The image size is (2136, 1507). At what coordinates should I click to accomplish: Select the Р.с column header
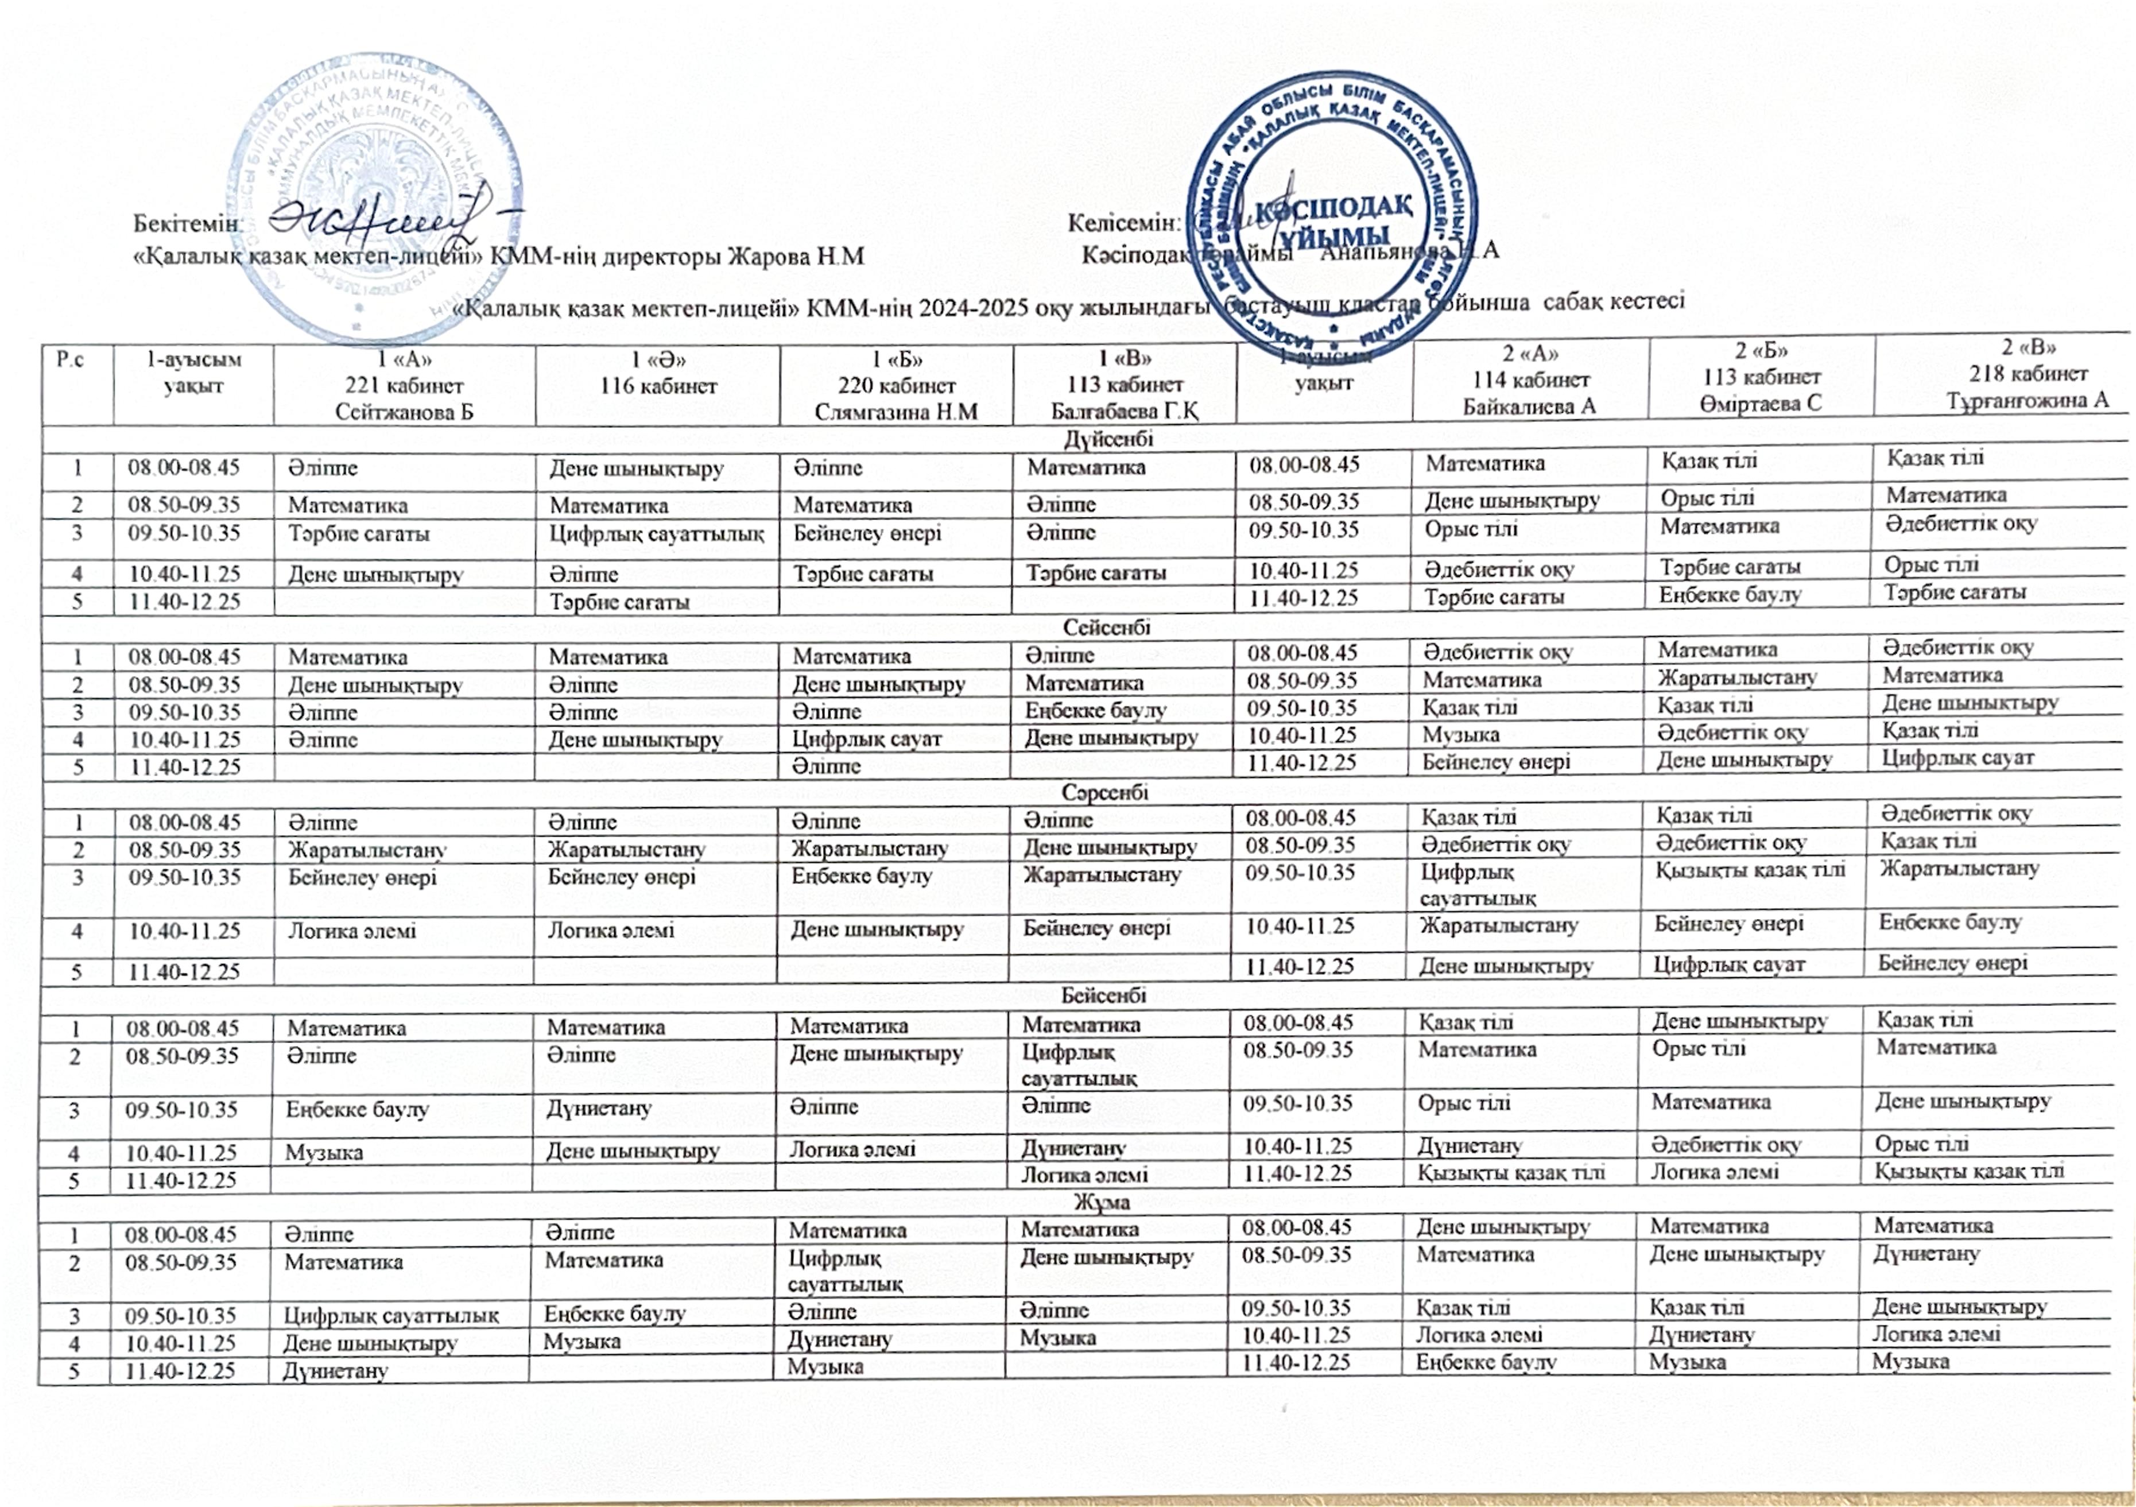(x=71, y=359)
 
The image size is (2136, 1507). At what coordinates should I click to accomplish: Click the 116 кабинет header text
(x=658, y=385)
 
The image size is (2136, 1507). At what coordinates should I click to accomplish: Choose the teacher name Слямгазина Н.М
(x=896, y=411)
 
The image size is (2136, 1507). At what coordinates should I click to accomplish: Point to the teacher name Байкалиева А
(x=1529, y=405)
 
